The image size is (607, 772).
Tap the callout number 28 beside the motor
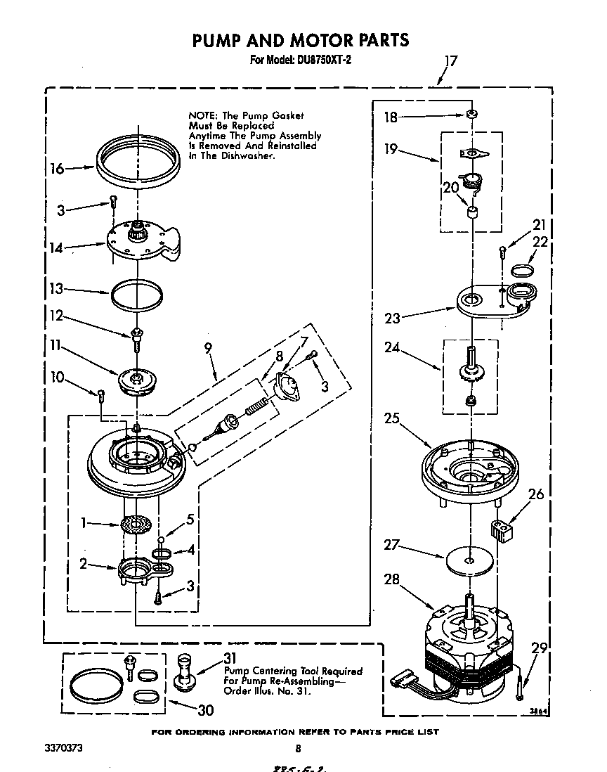coord(393,579)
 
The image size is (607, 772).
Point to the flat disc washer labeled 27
coord(469,560)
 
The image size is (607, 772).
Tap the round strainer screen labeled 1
coord(136,525)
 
